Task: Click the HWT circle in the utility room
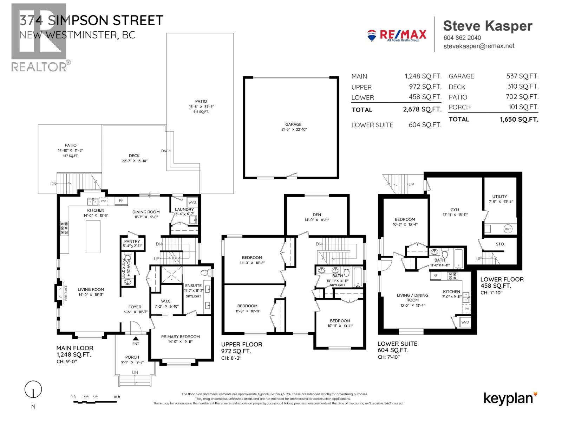click(x=508, y=229)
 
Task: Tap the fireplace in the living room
click(x=61, y=292)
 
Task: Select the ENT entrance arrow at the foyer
click(x=136, y=338)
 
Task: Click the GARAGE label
click(x=293, y=124)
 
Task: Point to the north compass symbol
click(x=33, y=390)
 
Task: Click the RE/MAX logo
click(x=397, y=35)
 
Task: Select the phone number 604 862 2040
click(x=462, y=38)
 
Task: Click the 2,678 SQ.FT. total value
click(x=422, y=109)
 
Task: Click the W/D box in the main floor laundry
click(x=192, y=202)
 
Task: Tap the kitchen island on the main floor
click(x=93, y=236)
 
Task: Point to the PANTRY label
click(x=132, y=241)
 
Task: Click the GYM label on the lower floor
click(x=455, y=210)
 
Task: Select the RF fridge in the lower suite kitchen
click(x=435, y=275)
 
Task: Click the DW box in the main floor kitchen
click(x=104, y=201)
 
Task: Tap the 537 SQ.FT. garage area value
click(x=522, y=76)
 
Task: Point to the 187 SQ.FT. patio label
click(x=71, y=156)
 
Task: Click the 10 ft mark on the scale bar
click(x=117, y=397)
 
